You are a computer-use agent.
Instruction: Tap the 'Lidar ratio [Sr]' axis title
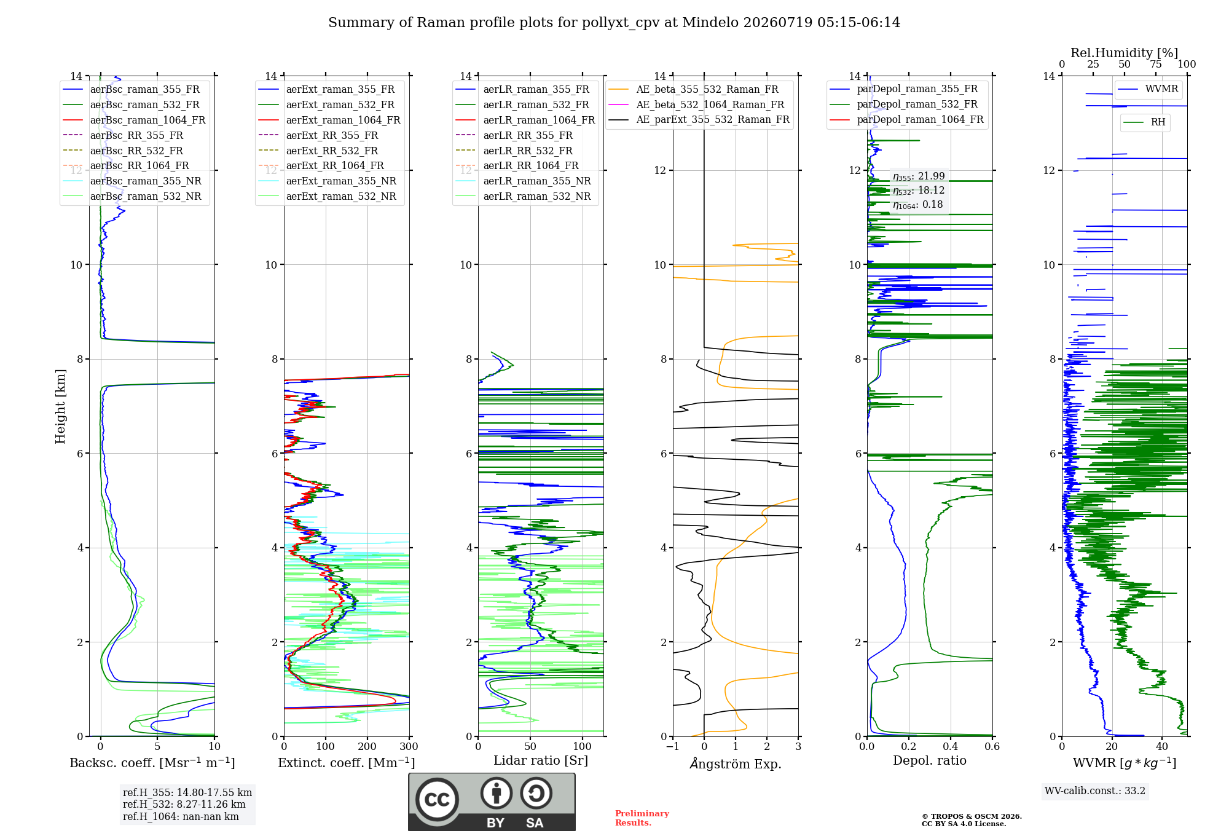[x=541, y=761]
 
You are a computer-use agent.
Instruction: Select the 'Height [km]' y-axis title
[x=60, y=406]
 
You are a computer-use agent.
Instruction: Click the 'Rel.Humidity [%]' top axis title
[x=1125, y=53]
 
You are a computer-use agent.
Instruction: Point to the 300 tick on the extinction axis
[x=409, y=747]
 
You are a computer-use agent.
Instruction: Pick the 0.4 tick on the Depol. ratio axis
[x=951, y=747]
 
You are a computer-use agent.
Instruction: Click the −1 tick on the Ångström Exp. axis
[x=673, y=747]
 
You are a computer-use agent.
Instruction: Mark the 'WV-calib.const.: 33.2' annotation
[x=1095, y=791]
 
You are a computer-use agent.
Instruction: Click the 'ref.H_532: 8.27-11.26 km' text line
[x=184, y=805]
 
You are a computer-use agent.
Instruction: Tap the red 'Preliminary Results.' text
[x=642, y=818]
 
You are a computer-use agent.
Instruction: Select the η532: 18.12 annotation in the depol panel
[x=919, y=191]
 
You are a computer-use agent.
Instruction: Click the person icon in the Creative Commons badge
[x=497, y=793]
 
